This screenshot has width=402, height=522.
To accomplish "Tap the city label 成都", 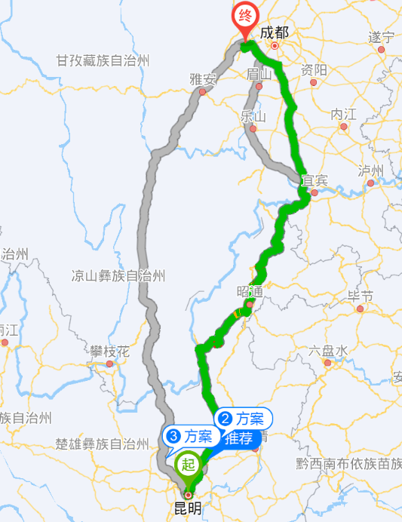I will pos(275,32).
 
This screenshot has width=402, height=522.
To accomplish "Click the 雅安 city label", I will pos(203,78).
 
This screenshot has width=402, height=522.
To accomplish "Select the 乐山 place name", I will pos(253,116).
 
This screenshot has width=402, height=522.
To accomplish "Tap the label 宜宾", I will pos(315,180).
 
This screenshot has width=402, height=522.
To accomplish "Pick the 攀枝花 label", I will pos(110,352).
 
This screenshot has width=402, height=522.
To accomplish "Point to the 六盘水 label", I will pos(328,351).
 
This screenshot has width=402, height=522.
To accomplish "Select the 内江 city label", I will pos(344,114).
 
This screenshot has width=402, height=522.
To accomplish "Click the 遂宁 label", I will pos(382,37).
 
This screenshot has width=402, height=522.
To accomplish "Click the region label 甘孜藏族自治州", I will pos(104,60).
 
